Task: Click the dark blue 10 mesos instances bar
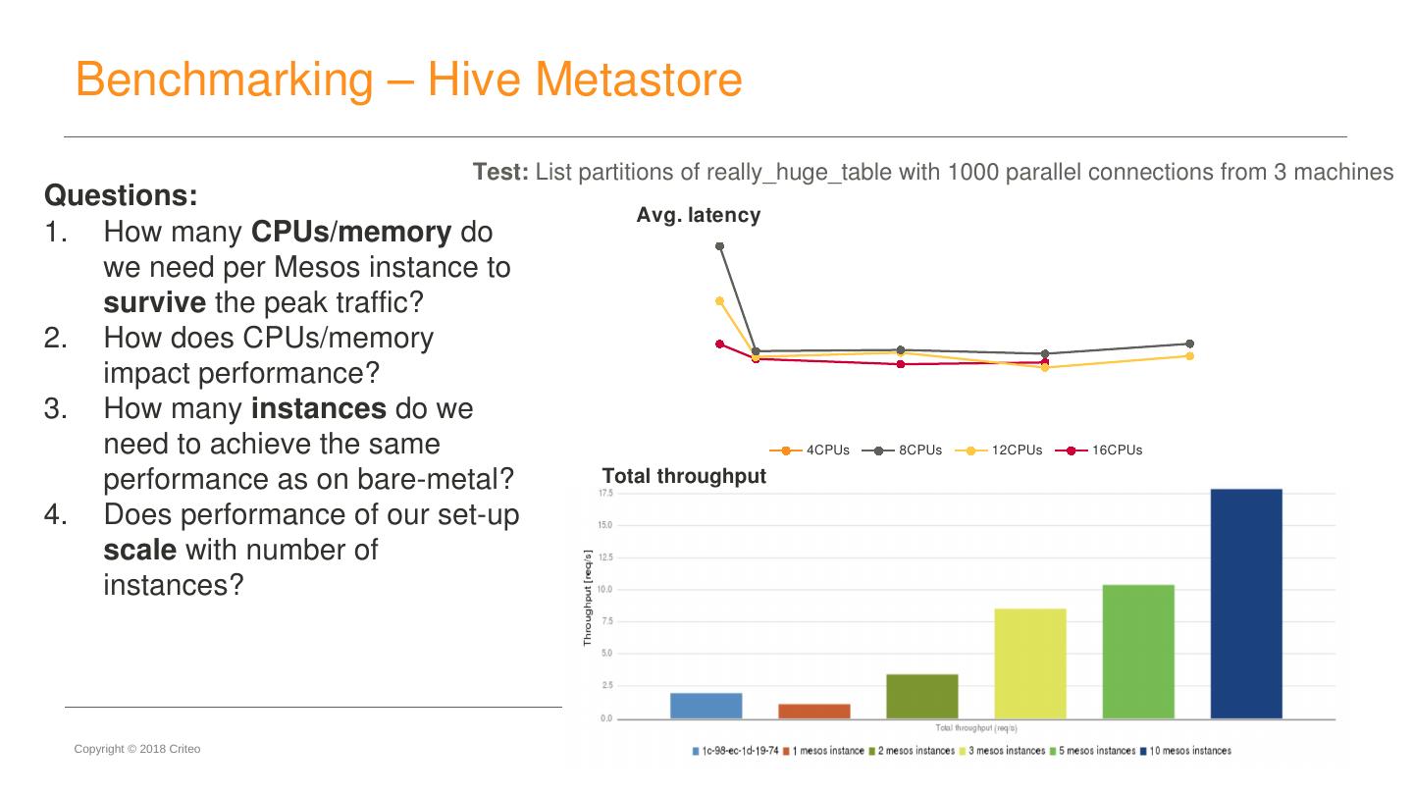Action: click(x=1246, y=604)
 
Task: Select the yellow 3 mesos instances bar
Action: click(x=1030, y=663)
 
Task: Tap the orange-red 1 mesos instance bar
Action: click(x=814, y=711)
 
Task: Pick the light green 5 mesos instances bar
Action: click(x=1138, y=652)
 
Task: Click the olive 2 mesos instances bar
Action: click(x=922, y=696)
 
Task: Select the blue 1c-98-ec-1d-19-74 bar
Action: click(x=706, y=706)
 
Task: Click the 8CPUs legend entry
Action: click(x=902, y=450)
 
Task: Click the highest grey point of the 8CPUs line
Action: click(x=719, y=246)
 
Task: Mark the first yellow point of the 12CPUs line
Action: click(x=719, y=301)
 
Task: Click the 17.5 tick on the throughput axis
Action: click(x=605, y=493)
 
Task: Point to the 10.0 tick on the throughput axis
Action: click(x=605, y=589)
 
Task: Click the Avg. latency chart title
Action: click(x=698, y=215)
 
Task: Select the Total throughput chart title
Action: click(x=684, y=476)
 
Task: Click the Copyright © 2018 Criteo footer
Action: click(x=137, y=749)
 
